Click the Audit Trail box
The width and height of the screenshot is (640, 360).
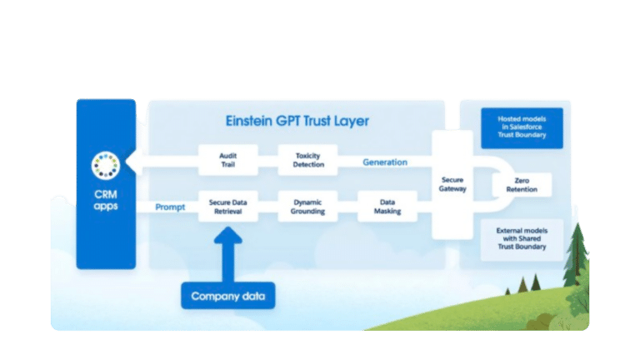228,160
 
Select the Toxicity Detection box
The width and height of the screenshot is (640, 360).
307,160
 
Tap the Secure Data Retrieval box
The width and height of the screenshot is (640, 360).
228,206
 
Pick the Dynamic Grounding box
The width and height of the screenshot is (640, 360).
307,206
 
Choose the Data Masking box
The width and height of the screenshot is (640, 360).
387,206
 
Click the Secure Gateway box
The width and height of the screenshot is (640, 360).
452,183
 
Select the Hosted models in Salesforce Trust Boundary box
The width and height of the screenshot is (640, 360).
522,127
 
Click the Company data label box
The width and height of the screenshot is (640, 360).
228,296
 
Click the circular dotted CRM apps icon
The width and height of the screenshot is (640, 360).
106,165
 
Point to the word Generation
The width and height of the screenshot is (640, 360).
385,162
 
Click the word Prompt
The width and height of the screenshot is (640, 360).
170,207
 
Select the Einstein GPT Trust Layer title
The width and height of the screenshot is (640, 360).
297,121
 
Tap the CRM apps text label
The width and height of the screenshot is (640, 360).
106,200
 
